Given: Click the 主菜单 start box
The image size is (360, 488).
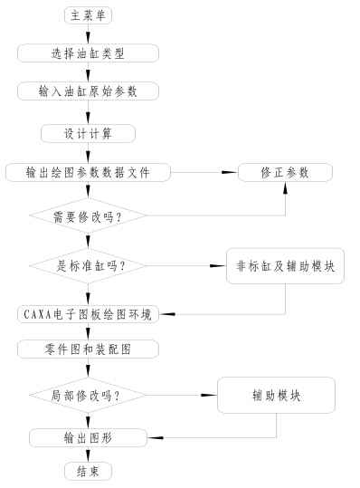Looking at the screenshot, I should pyautogui.click(x=89, y=14).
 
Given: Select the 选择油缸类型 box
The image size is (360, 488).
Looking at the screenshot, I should pyautogui.click(x=88, y=53).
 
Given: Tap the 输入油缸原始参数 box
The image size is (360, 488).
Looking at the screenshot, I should pyautogui.click(x=88, y=92).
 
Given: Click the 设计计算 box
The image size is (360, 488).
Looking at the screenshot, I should pyautogui.click(x=88, y=133).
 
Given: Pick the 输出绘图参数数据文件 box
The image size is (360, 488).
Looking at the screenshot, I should pyautogui.click(x=88, y=172).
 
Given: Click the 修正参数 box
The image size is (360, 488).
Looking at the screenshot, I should pyautogui.click(x=285, y=172).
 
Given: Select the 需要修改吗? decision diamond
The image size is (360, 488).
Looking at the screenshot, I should pyautogui.click(x=88, y=216).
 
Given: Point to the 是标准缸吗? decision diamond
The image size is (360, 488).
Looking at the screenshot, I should pyautogui.click(x=88, y=265).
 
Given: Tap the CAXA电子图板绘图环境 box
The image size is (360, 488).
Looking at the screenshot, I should pyautogui.click(x=88, y=314).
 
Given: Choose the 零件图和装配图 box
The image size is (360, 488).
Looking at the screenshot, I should pyautogui.click(x=88, y=349).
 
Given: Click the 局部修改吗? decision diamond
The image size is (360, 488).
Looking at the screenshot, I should pyautogui.click(x=88, y=396).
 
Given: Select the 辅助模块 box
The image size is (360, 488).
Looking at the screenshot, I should pyautogui.click(x=276, y=396).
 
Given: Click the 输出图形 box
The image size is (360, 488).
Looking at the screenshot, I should pyautogui.click(x=88, y=438).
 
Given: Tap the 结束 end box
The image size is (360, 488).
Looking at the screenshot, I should pyautogui.click(x=89, y=472).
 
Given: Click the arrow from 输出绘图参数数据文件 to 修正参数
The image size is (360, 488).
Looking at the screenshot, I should pyautogui.click(x=204, y=172).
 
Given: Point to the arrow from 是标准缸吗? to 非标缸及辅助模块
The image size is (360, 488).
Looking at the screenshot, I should pyautogui.click(x=185, y=265).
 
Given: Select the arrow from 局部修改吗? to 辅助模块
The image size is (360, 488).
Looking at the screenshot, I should pyautogui.click(x=181, y=396).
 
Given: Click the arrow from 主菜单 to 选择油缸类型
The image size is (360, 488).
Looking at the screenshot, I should pyautogui.click(x=89, y=33).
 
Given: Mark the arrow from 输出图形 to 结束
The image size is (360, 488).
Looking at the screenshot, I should pyautogui.click(x=89, y=455).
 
